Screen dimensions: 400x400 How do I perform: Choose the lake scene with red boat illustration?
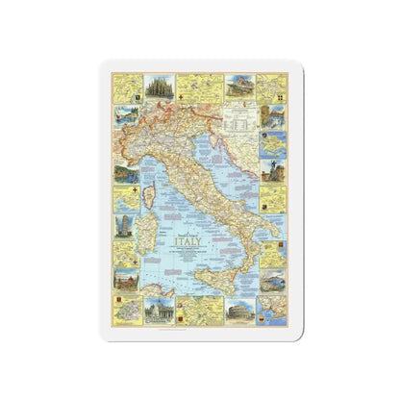coord(125,173)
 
